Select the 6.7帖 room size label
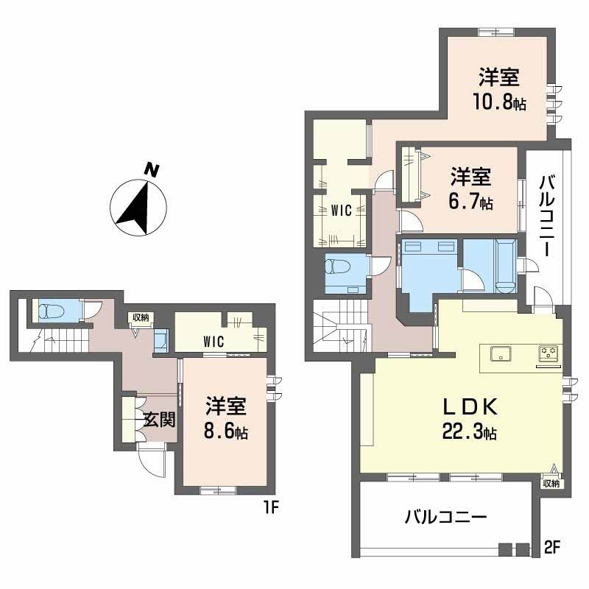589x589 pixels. (x=470, y=202)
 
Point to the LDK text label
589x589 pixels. (x=470, y=407)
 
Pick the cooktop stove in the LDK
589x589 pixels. (x=548, y=353)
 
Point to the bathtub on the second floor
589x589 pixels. (x=506, y=264)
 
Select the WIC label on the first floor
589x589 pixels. (x=214, y=341)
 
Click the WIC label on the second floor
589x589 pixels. (x=341, y=210)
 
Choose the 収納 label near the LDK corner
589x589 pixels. (x=551, y=484)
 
